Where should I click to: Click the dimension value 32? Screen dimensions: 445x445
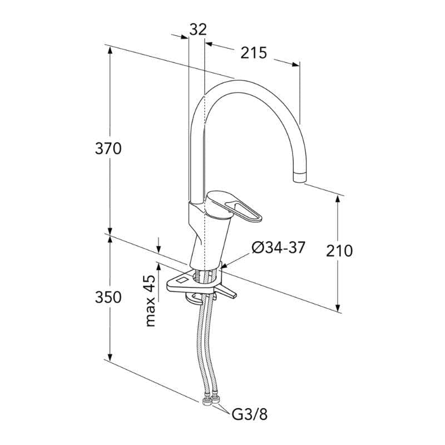198,29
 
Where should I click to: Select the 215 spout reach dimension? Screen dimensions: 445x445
254,53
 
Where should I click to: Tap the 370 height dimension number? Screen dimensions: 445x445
108,149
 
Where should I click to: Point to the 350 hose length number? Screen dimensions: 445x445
108,297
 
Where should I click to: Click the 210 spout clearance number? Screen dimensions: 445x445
339,251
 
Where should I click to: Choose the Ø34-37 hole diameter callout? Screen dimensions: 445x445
278,248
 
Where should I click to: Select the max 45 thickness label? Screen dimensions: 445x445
151,301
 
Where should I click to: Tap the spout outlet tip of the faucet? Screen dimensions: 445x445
300,177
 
